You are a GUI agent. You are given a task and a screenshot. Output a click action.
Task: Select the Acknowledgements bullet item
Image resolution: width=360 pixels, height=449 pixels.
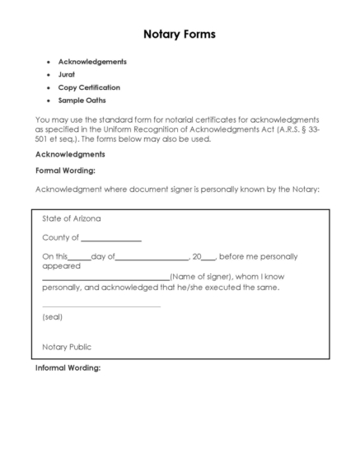click(x=91, y=62)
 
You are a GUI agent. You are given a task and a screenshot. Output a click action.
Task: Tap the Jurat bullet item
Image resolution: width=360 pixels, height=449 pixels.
click(x=67, y=74)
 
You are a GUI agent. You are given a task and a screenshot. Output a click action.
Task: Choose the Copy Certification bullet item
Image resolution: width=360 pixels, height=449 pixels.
click(x=88, y=87)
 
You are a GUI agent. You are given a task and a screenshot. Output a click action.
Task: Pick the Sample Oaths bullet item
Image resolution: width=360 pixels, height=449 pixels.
click(x=82, y=100)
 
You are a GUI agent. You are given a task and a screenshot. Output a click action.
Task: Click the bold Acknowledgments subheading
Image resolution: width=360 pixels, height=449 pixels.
click(x=70, y=154)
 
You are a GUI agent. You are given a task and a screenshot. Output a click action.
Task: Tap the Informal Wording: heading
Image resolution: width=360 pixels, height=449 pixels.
click(x=68, y=367)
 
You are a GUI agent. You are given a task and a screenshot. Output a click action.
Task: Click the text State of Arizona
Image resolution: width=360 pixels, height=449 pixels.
click(x=72, y=219)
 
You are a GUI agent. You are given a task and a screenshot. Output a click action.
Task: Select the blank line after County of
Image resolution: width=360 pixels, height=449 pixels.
click(x=110, y=239)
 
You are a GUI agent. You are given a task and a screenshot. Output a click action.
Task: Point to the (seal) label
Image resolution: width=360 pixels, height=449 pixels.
click(x=52, y=316)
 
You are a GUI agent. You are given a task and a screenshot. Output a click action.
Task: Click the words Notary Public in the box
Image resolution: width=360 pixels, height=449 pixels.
click(x=67, y=347)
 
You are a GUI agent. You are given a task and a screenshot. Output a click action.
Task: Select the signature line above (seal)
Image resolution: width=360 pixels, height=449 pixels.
click(x=101, y=306)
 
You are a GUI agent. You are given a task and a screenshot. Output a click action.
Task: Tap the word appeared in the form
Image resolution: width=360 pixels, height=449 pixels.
click(x=61, y=266)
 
